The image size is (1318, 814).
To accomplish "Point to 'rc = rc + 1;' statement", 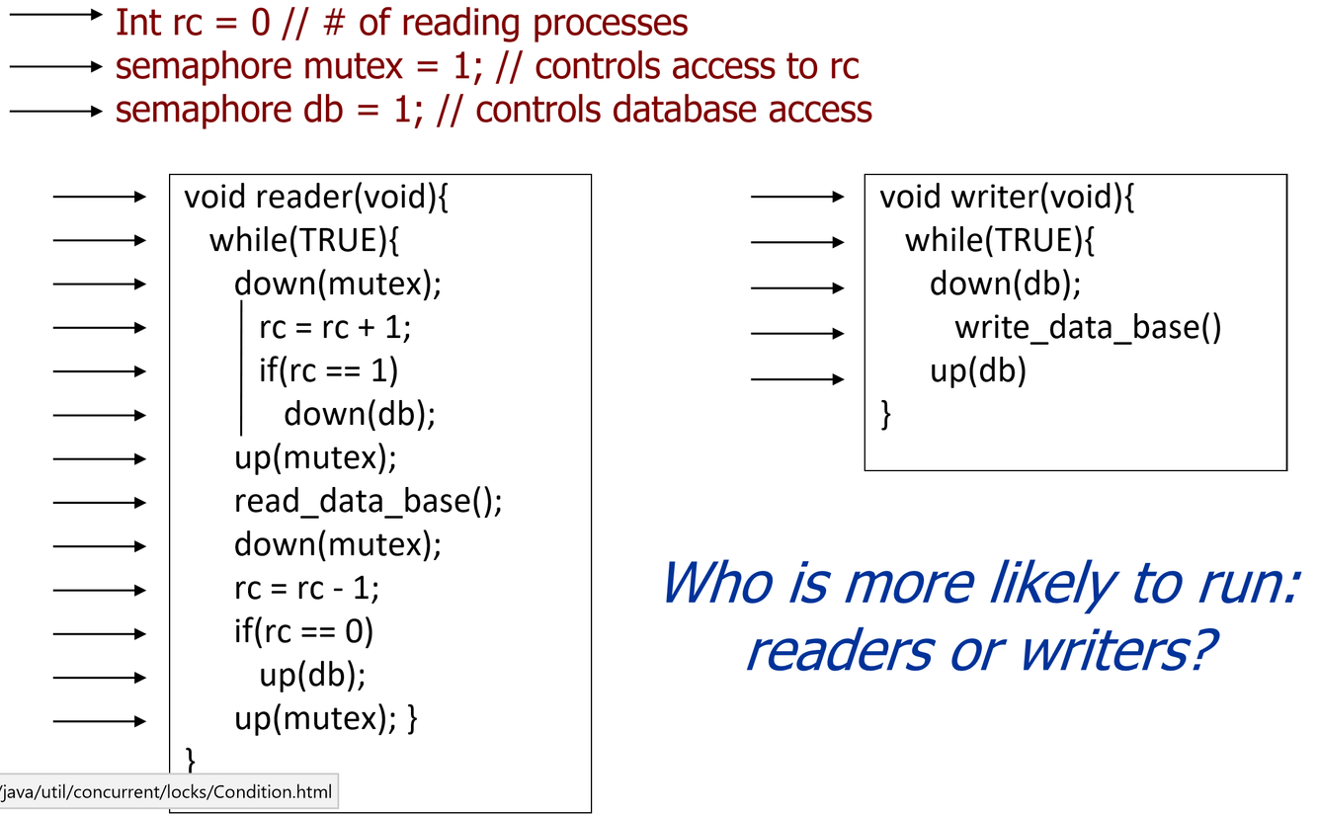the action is (335, 327).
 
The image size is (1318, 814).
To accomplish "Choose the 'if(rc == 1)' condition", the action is (328, 370).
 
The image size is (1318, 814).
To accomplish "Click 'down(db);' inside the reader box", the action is (360, 414).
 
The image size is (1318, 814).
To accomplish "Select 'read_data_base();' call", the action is (368, 502).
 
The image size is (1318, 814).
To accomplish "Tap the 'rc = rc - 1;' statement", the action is (306, 589).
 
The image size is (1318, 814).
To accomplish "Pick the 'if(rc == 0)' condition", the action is (304, 632).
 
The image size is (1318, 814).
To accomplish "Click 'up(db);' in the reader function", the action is (312, 677).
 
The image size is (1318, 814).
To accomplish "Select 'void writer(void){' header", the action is (1007, 198).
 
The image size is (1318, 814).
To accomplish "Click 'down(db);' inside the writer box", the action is (1005, 285).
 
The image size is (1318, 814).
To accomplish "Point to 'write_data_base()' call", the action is (1088, 327).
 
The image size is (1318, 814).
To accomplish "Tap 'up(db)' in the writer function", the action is (977, 371).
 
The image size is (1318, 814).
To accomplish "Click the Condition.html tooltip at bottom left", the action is (168, 791).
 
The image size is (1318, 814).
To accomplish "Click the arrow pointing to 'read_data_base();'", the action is (99, 503).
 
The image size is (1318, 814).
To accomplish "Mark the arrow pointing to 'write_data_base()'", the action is (796, 333).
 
